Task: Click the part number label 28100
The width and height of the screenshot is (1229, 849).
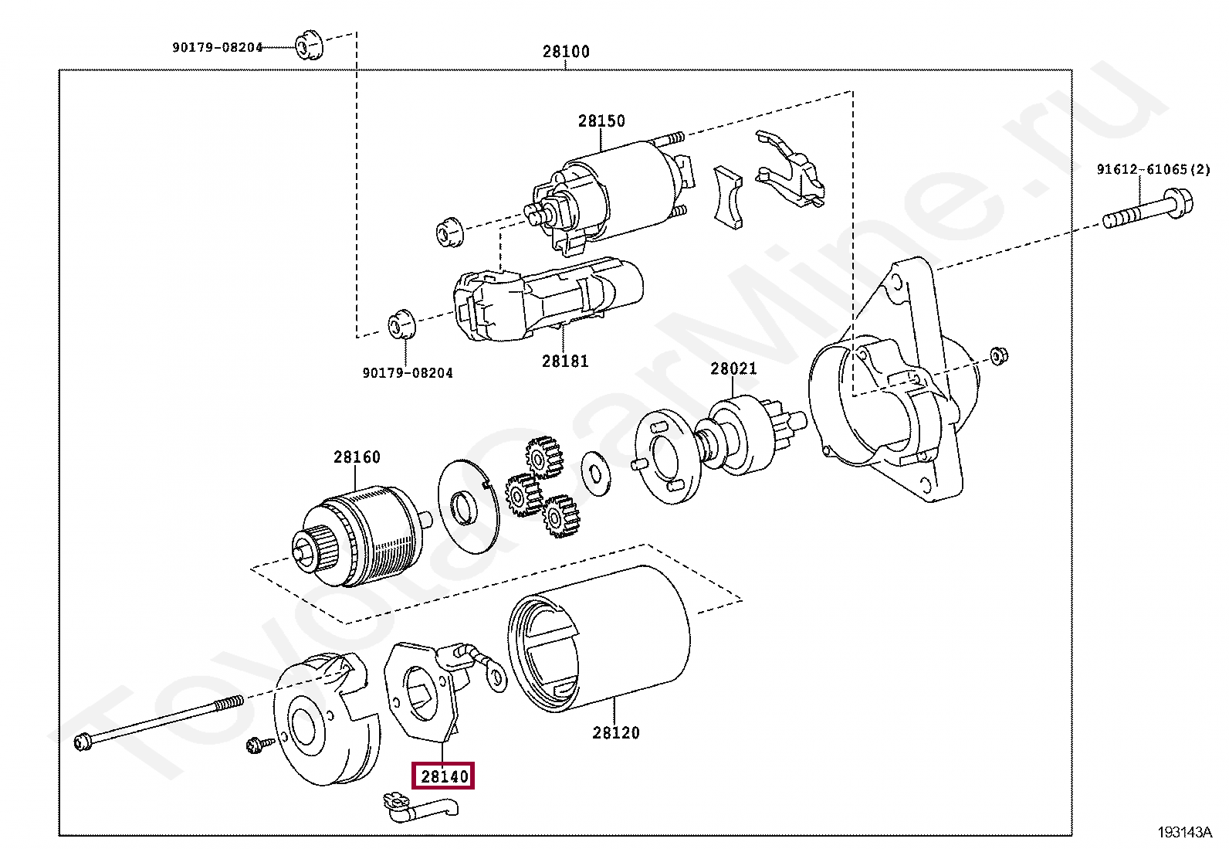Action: [x=566, y=52]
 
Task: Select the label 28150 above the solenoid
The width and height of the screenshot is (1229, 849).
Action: [x=601, y=121]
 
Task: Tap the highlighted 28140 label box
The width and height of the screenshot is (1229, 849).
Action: [x=445, y=776]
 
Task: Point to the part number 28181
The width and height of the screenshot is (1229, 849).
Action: [x=565, y=361]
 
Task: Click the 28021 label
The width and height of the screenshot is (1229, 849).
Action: [x=733, y=368]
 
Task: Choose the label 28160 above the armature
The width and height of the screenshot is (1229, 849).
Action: [x=357, y=457]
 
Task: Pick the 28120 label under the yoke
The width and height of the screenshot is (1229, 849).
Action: [x=616, y=732]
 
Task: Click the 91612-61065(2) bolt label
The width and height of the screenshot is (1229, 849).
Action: [x=1153, y=169]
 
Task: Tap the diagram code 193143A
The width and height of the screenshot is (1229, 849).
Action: [x=1185, y=832]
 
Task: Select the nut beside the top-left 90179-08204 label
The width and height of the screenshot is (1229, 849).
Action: [x=309, y=46]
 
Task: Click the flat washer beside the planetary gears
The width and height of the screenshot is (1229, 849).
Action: [x=595, y=472]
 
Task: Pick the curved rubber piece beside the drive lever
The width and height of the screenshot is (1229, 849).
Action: [x=727, y=197]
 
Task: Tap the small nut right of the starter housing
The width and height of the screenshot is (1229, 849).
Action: [x=998, y=355]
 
